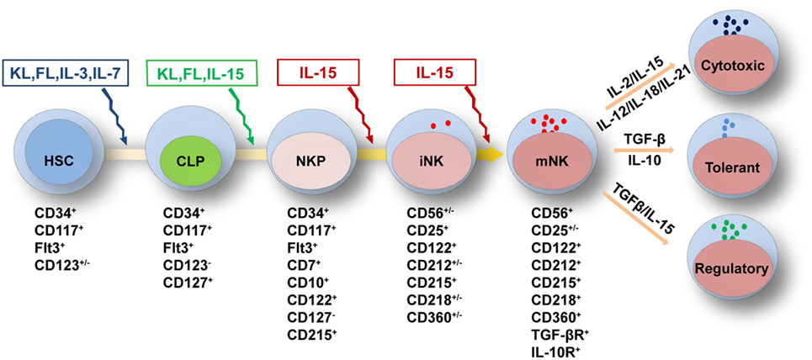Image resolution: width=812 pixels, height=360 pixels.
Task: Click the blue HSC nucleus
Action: (x=57, y=157)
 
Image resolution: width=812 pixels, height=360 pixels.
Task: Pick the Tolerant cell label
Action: (x=730, y=167)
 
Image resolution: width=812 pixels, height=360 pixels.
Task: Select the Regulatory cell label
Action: (x=730, y=269)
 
